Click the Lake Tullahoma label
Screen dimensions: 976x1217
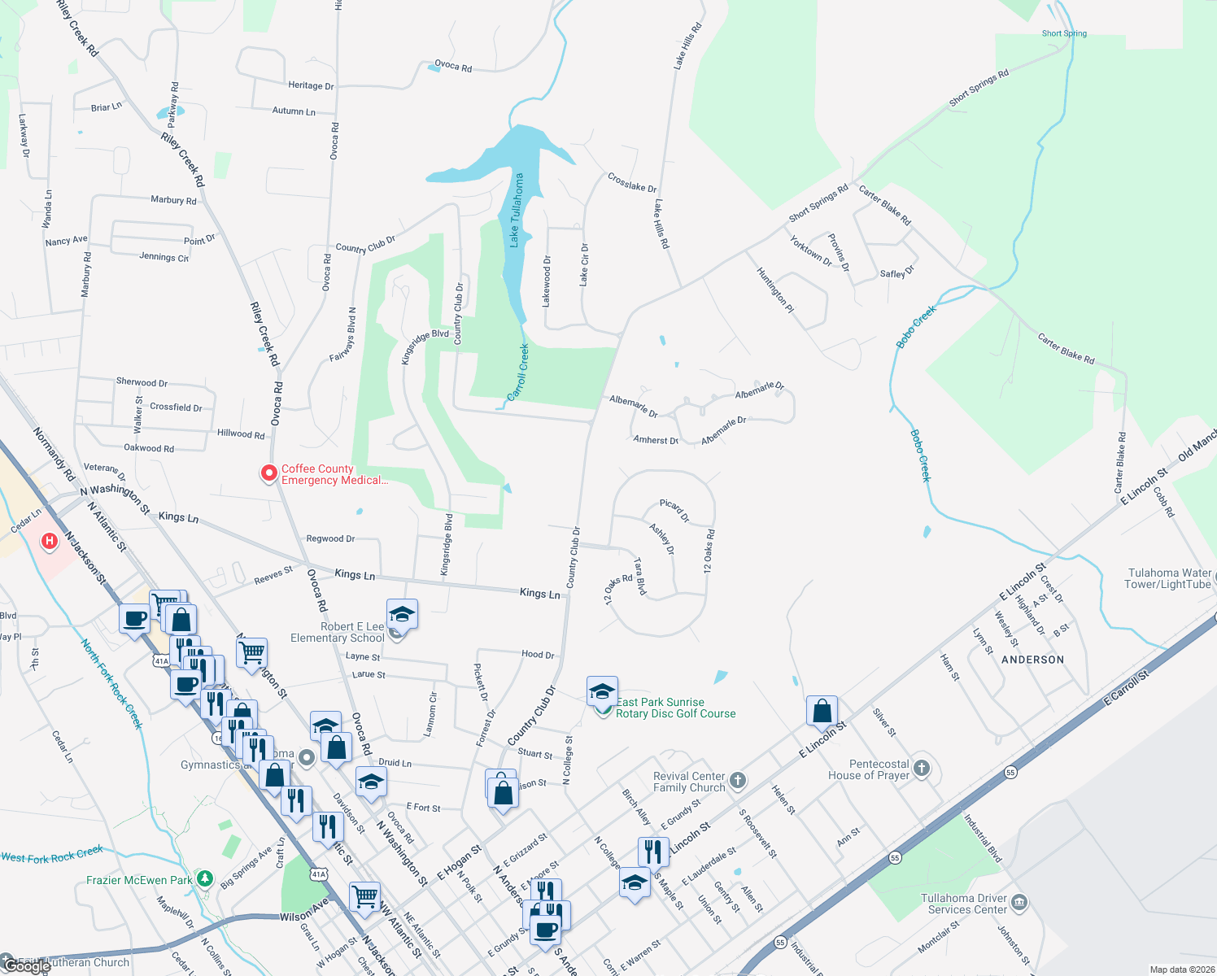point(516,210)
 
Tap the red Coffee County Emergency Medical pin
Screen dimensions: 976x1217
point(268,473)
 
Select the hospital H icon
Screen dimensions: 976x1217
point(50,540)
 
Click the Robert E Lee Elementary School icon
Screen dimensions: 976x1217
point(402,615)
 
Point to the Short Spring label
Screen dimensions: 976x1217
point(1064,33)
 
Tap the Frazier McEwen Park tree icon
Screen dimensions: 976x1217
point(205,879)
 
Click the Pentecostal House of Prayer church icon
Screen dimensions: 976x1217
point(921,768)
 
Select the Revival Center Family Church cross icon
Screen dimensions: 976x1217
point(737,781)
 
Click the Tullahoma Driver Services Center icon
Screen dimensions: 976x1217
point(1019,903)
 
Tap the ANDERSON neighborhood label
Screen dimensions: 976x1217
point(1032,660)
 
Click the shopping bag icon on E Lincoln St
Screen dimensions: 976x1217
point(822,710)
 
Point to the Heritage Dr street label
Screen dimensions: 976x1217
point(311,85)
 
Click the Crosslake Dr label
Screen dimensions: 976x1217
point(632,182)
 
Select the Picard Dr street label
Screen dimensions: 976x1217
point(674,511)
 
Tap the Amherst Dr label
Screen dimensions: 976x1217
point(656,440)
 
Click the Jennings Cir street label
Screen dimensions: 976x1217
point(164,257)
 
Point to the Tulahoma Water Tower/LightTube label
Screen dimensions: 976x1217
point(1167,578)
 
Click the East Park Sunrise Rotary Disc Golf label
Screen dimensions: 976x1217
point(675,708)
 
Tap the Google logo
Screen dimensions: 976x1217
point(26,966)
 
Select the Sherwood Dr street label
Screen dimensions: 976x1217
point(142,382)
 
